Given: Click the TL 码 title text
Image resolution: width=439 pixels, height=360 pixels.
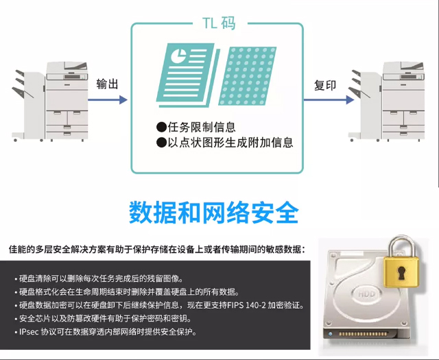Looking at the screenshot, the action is pos(219,23).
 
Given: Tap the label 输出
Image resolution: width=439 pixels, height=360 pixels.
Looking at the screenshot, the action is pos(107,84).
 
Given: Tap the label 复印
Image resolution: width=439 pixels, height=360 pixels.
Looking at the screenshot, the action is pos(324,85).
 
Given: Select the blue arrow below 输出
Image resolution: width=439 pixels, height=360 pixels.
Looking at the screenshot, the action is pos(108,99).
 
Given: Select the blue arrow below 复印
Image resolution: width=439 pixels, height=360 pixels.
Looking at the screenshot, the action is pos(329,99).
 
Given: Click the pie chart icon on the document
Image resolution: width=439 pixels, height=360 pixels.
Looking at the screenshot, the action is pos(178,55).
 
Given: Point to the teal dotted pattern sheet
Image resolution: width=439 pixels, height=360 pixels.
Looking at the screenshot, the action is pos(247,76).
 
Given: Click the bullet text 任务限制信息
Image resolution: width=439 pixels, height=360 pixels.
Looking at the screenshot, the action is pos(196,128).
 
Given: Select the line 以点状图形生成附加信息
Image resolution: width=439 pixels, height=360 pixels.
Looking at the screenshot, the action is pos(224,143).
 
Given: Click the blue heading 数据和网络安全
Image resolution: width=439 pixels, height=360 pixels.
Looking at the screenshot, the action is pos(214,212).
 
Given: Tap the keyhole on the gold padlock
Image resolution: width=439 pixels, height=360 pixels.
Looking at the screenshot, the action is pos(401,273).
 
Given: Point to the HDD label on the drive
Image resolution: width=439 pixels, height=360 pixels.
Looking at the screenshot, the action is pos(366,293).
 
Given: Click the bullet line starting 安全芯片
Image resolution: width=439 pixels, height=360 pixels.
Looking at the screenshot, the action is pos(104,319).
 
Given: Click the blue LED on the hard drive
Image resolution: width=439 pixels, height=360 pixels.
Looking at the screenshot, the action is pos(331,334).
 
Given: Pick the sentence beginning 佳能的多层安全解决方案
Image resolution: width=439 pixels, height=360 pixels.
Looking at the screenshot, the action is pos(157,249).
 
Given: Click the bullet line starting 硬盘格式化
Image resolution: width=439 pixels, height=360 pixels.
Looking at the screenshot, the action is pos(128,292).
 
